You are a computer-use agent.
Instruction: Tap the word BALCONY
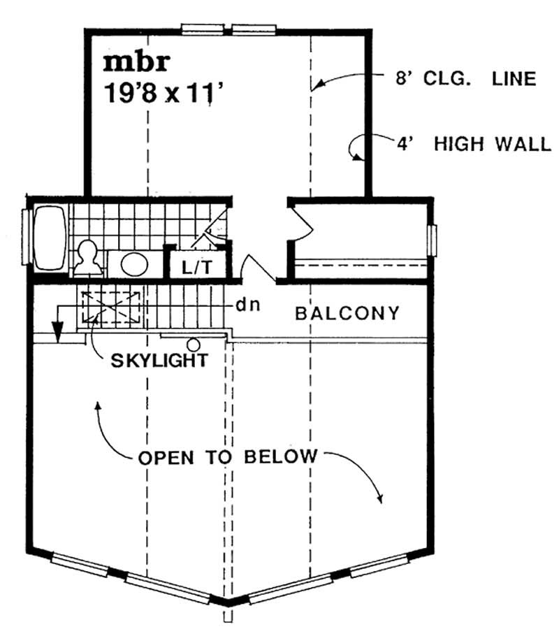347,312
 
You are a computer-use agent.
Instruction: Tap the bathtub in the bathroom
49,238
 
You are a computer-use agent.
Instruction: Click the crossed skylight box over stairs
112,308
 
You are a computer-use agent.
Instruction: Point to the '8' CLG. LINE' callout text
463,78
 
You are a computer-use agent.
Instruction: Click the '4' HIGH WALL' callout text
482,145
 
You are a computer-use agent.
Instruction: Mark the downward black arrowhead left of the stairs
59,328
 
